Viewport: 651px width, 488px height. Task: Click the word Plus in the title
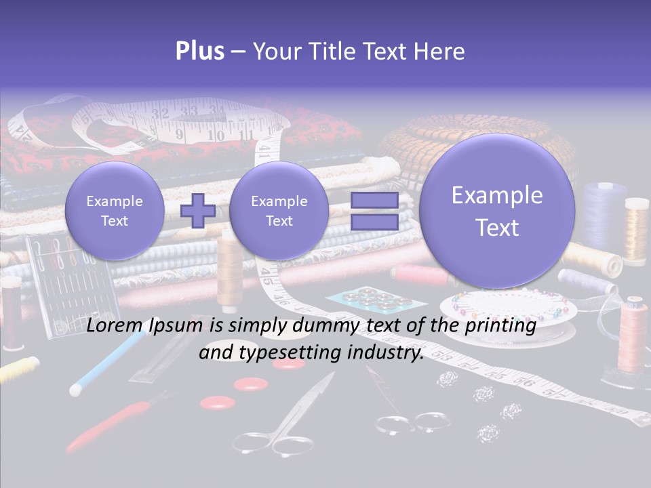point(199,52)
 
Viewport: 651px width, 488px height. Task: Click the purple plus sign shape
point(198,211)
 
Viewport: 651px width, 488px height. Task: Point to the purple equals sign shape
point(374,211)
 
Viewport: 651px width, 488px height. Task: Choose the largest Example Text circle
point(497,211)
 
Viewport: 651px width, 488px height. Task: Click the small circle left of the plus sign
point(115,211)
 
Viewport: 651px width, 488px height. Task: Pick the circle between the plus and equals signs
point(279,211)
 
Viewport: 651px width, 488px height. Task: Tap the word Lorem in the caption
point(112,326)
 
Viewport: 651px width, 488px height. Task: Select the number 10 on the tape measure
point(216,136)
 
